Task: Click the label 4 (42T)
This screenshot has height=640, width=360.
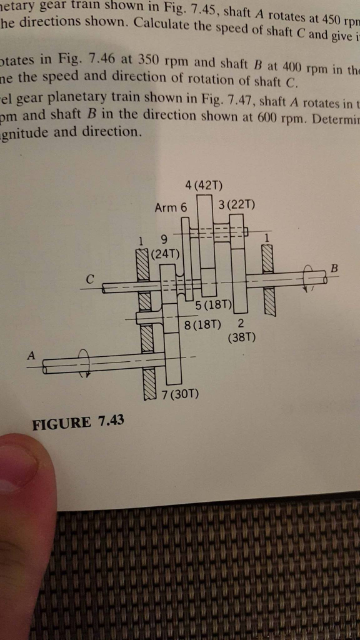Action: pos(204,186)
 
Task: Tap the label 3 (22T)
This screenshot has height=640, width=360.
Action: pos(237,205)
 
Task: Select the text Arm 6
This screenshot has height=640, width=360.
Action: pos(170,207)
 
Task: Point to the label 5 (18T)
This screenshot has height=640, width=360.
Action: pos(213,306)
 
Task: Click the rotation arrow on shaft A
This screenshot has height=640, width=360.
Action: pos(86,363)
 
